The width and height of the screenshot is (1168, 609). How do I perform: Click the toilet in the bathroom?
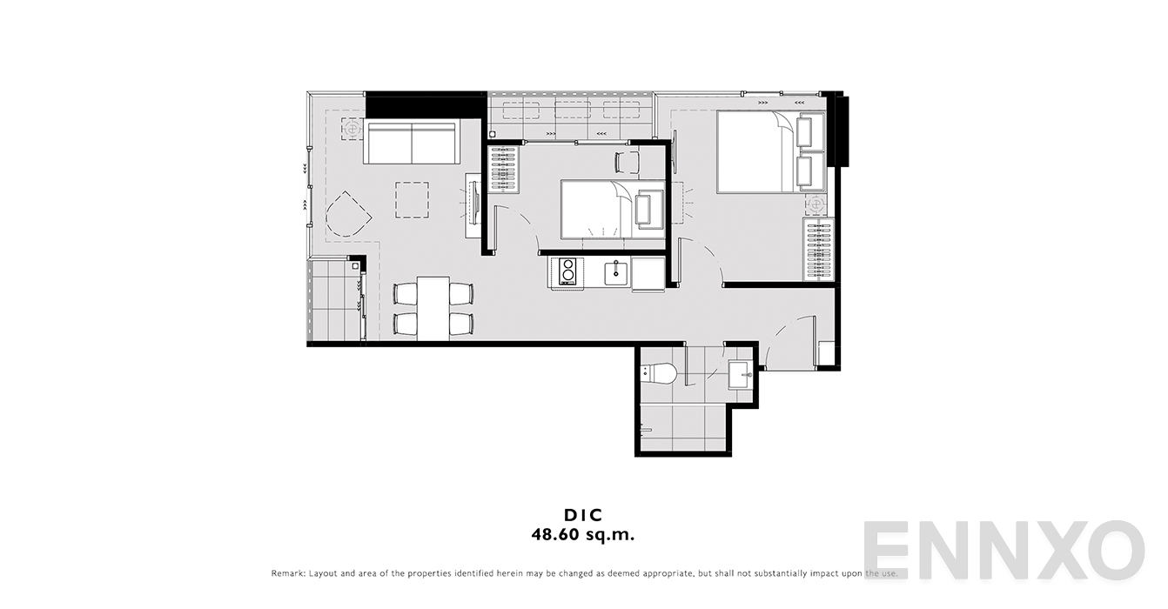pos(659,373)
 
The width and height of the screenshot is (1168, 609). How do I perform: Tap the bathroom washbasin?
pos(741,374)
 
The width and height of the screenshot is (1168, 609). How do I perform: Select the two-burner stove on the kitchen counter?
pos(567,271)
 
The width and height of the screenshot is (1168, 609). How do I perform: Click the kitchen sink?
pos(617,273)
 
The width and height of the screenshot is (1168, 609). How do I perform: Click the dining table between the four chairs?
pos(433,308)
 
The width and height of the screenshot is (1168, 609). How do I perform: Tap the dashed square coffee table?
pos(412,200)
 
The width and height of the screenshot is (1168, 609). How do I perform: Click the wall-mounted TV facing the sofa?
pos(475,203)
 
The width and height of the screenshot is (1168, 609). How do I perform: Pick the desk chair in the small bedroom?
pos(628,162)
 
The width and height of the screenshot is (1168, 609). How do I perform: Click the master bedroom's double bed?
pos(770,151)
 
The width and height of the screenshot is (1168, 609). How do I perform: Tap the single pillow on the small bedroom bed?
pos(649,209)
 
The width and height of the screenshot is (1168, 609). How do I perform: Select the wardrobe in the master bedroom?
pos(819,250)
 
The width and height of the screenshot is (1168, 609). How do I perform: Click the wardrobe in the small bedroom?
pos(504,170)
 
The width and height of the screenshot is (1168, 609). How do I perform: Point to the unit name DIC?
pos(583,515)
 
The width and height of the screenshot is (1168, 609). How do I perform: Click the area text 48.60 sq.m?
pos(583,535)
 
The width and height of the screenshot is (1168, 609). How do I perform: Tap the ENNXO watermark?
pos(1004,550)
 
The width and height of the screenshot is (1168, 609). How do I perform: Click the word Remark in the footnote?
pos(287,573)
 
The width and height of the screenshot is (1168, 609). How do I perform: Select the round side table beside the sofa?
pos(352,128)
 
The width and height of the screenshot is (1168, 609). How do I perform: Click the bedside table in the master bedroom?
pos(815,204)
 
